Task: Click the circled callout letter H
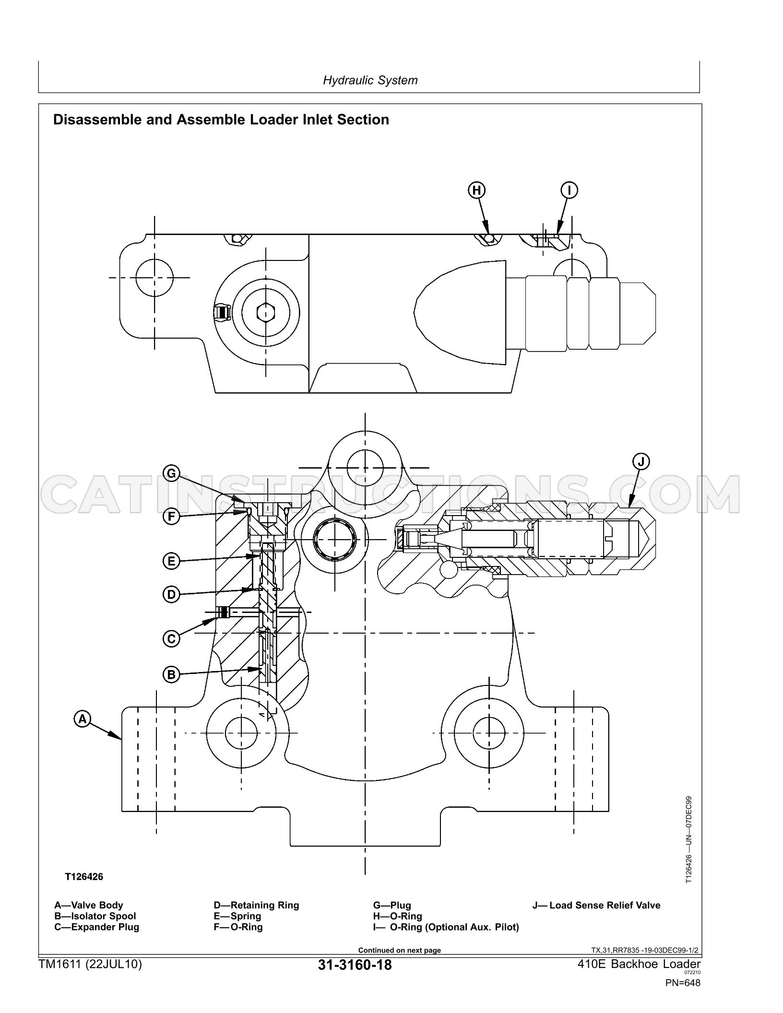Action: point(476,190)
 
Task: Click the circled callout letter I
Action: point(569,190)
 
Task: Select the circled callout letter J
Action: point(641,462)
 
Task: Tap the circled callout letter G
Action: point(171,474)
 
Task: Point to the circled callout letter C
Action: point(171,639)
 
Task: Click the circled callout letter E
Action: point(171,561)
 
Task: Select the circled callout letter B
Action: point(171,675)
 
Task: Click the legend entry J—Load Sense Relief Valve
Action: point(596,905)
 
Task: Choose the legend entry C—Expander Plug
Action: point(96,927)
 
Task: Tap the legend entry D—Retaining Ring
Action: point(256,905)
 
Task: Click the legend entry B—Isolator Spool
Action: point(95,916)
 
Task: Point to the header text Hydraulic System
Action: point(370,80)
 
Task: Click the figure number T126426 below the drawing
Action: point(84,877)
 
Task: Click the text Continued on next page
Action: point(400,950)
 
